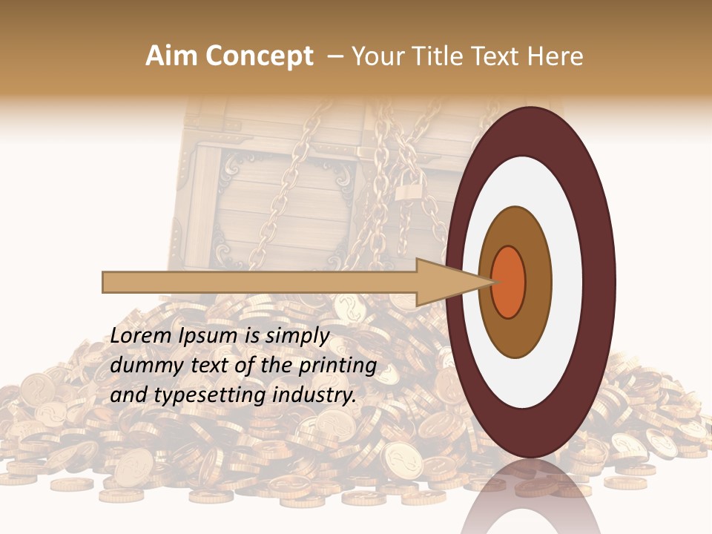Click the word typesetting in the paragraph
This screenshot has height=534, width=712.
196,396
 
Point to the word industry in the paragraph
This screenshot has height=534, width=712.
312,395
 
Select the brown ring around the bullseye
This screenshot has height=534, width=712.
535,282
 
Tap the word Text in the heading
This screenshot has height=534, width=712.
500,56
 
